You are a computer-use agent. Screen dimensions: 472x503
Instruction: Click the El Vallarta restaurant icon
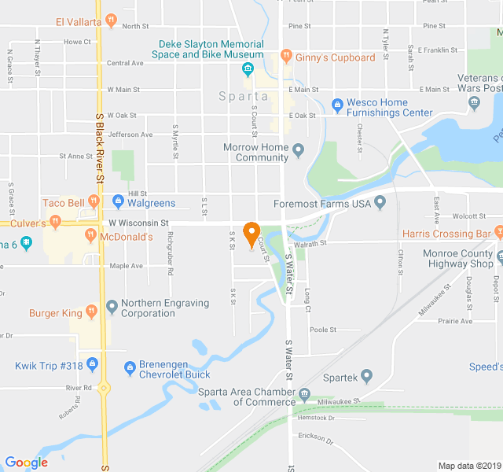tap(112, 21)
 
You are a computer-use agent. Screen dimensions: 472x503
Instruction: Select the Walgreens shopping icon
tap(118, 202)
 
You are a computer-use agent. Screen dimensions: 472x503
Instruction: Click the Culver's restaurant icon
tap(54, 223)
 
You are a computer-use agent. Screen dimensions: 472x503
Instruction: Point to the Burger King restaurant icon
tap(91, 312)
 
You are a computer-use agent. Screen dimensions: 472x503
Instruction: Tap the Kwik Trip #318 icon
tap(92, 364)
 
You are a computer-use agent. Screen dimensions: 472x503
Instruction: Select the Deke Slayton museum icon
tap(248, 70)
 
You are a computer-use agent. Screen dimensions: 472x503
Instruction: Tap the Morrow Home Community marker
tap(298, 149)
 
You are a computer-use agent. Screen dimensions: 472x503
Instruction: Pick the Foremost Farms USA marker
tap(380, 204)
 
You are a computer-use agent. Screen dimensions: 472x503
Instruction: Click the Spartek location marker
tap(365, 378)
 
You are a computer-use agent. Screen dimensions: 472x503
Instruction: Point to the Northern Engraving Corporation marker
tap(112, 305)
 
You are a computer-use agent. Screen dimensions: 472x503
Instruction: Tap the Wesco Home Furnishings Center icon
tap(338, 104)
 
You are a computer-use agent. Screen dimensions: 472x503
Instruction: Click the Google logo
tap(26, 463)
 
